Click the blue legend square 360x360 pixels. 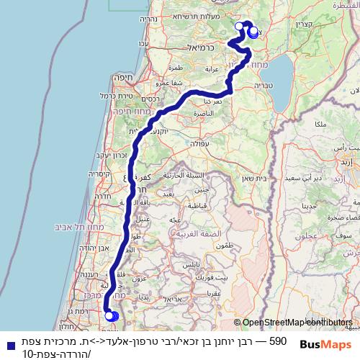9,344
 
